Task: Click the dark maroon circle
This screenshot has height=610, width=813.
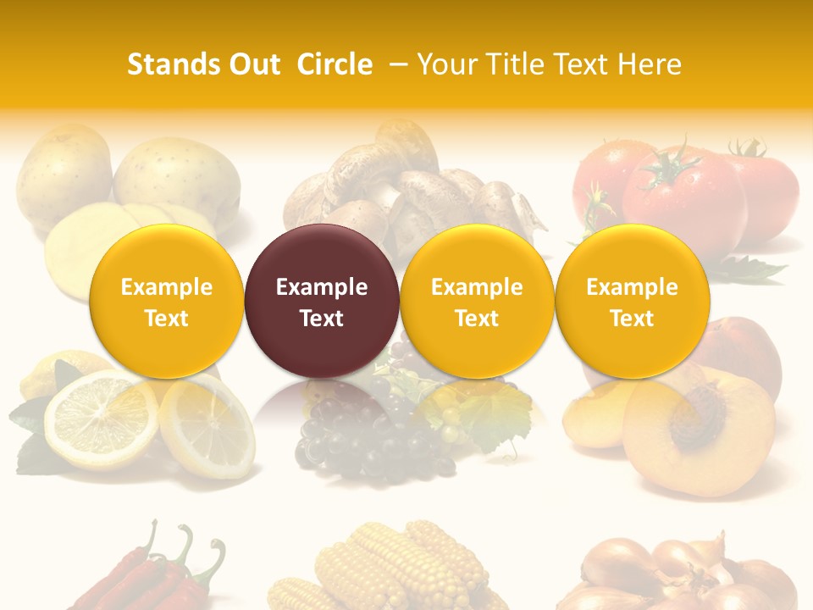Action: (322, 301)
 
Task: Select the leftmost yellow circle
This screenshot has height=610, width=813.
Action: (167, 301)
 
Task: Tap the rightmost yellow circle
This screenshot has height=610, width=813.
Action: (632, 301)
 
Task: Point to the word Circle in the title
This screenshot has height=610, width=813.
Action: (335, 64)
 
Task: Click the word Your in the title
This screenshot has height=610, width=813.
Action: (445, 64)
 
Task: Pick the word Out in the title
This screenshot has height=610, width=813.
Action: (252, 64)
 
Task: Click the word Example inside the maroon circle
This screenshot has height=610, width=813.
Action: (322, 287)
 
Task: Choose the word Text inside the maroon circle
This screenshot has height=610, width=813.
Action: (322, 319)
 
